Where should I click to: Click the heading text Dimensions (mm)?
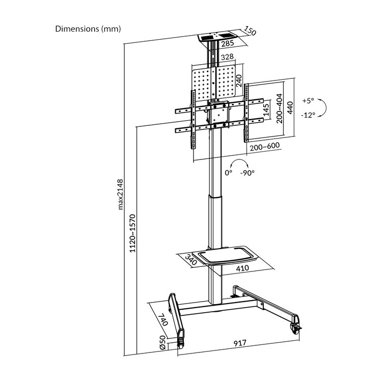coord(88,29)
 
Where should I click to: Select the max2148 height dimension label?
coord(120,195)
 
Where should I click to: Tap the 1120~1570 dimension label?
coord(132,233)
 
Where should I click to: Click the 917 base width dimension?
coord(240,343)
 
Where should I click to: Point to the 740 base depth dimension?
coord(163,319)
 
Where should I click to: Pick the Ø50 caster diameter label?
coord(163,343)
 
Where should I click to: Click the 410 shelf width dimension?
coord(242,268)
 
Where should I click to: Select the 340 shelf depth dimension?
coord(191,260)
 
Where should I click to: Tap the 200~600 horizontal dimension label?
coord(264,147)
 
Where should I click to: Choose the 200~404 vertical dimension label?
coord(280,108)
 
